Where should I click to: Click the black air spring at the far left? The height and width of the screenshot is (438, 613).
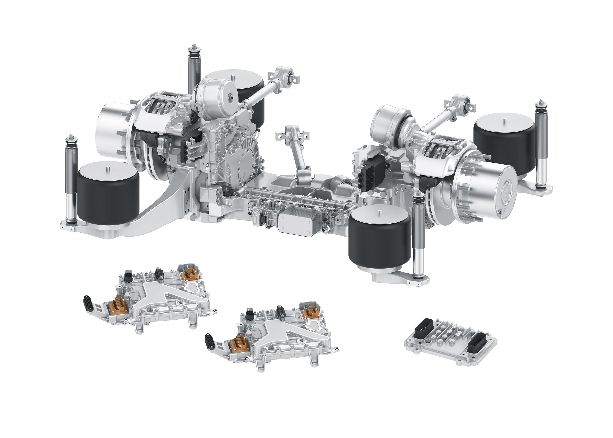[x=108, y=194]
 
